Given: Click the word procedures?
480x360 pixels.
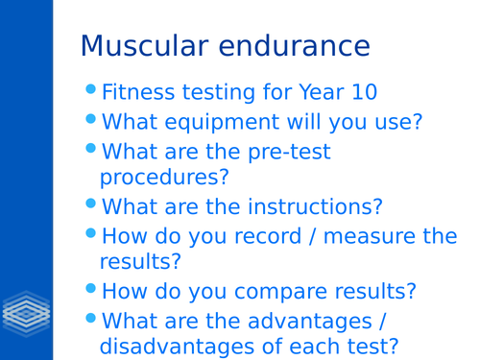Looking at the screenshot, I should click(164, 178).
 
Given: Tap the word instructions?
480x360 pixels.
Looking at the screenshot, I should click(315, 207).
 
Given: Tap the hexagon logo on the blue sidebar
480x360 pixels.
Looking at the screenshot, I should click(26, 314).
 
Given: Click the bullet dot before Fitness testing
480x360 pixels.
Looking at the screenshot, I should click(91, 90).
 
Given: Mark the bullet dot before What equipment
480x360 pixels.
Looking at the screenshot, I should click(91, 119).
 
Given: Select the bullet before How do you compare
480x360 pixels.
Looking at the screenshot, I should click(91, 288).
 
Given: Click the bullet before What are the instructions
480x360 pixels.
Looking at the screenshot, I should click(91, 204).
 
